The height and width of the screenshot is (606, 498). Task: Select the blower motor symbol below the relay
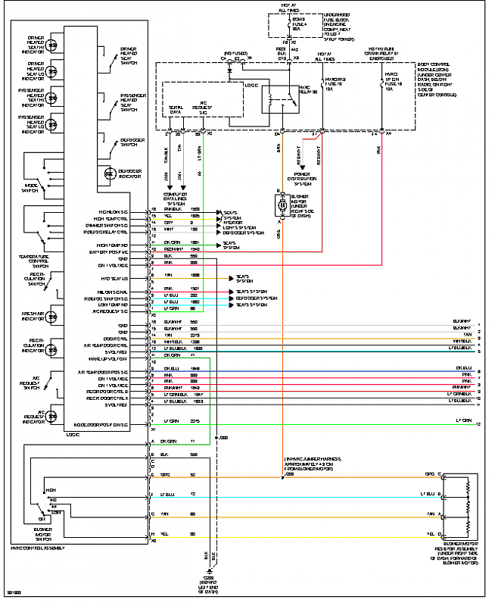click(x=282, y=204)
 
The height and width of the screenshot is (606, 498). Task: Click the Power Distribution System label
click(x=302, y=179)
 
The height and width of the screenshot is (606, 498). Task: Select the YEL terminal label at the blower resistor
click(x=429, y=534)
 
